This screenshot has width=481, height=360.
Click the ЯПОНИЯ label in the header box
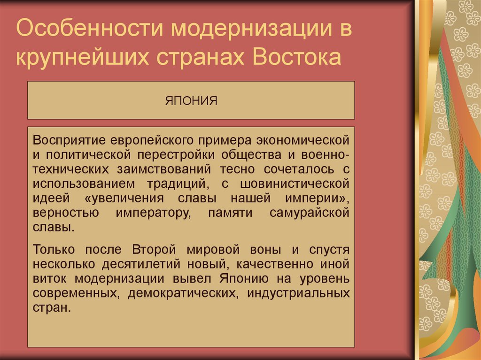pos(191,100)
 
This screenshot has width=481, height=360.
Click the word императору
pos(152,213)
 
